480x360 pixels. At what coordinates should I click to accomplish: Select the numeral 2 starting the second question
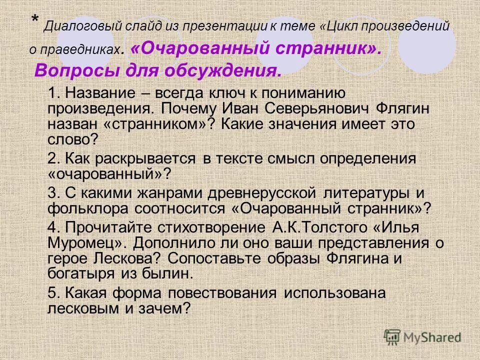pos(52,158)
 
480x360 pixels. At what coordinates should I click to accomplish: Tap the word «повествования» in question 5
pos(239,293)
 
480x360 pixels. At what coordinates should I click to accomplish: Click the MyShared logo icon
pos(393,337)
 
